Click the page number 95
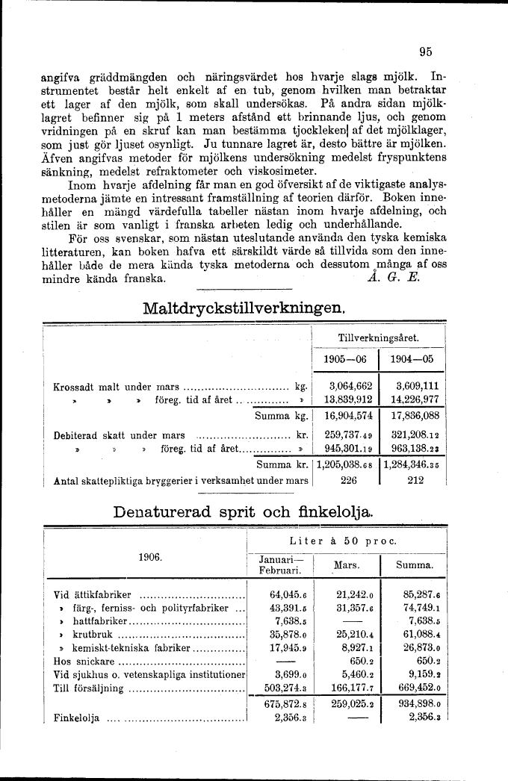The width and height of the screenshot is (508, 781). [427, 52]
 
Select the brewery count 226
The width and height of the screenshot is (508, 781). [347, 481]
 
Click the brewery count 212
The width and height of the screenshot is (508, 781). [415, 481]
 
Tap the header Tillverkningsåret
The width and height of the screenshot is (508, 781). [379, 337]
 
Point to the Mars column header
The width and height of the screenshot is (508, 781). [347, 566]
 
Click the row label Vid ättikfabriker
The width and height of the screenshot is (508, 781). [93, 595]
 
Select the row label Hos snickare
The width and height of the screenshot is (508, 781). [84, 661]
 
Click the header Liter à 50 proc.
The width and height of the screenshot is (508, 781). [348, 541]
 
